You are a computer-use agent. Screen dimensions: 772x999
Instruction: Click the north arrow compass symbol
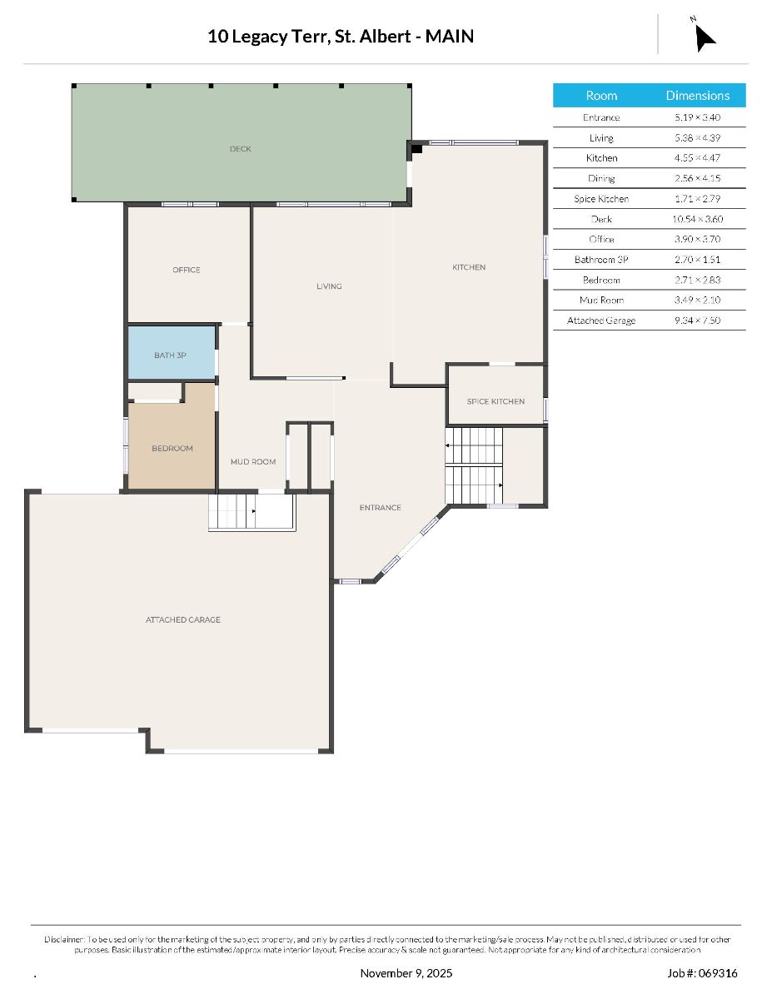click(x=704, y=37)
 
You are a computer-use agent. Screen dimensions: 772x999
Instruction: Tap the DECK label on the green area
click(x=240, y=149)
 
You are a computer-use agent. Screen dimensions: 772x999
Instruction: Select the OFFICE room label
click(x=187, y=270)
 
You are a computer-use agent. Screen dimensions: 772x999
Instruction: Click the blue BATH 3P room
click(x=171, y=353)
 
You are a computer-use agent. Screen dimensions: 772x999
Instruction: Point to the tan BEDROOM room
click(x=172, y=445)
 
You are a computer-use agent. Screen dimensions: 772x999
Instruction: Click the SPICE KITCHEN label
click(x=496, y=401)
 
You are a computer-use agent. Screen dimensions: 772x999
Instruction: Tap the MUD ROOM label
click(x=253, y=461)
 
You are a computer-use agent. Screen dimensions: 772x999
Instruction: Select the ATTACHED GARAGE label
click(x=183, y=619)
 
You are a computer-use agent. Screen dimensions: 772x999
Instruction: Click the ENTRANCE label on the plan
click(x=381, y=508)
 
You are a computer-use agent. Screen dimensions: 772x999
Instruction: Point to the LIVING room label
click(x=329, y=286)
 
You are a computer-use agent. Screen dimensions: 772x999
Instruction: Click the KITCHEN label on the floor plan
click(x=469, y=267)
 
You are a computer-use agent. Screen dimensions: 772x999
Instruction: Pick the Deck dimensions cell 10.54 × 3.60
click(x=698, y=219)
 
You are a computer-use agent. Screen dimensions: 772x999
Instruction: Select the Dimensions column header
click(x=698, y=95)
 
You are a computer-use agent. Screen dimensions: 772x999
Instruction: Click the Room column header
click(x=601, y=95)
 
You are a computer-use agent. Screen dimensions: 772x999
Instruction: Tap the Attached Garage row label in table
click(x=601, y=321)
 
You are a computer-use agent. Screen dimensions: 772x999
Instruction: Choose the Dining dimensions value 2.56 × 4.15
click(x=698, y=178)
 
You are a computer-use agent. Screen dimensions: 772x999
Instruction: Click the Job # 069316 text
click(x=702, y=973)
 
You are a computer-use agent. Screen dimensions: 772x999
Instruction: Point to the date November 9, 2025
click(x=406, y=973)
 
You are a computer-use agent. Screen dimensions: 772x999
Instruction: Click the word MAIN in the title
click(x=449, y=37)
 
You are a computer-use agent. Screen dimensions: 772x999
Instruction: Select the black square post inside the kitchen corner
click(x=416, y=149)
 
